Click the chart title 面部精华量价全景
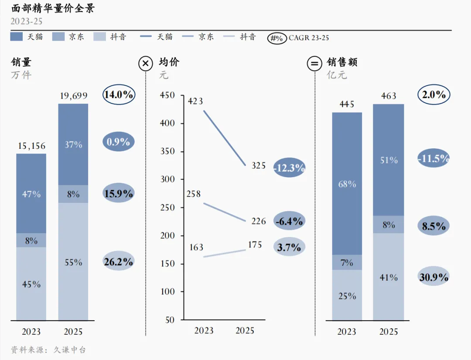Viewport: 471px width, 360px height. pyautogui.click(x=53, y=8)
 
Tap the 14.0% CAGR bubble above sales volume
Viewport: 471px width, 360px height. pyautogui.click(x=119, y=95)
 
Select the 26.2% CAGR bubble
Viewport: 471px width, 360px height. pyautogui.click(x=118, y=261)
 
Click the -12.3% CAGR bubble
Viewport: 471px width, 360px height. pyautogui.click(x=290, y=168)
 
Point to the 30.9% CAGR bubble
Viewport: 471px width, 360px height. pyautogui.click(x=434, y=277)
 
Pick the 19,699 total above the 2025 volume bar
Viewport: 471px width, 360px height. pyautogui.click(x=74, y=96)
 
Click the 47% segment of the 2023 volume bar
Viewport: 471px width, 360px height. pyautogui.click(x=31, y=194)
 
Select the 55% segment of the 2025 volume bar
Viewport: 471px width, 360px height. pyautogui.click(x=73, y=261)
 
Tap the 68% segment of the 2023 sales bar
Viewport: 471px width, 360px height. pyautogui.click(x=347, y=184)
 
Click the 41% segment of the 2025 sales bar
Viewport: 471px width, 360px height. pyautogui.click(x=389, y=277)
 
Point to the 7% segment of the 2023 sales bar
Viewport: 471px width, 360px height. pyautogui.click(x=347, y=262)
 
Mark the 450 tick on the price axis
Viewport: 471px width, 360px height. pyautogui.click(x=167, y=95)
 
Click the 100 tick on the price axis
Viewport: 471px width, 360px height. pyautogui.click(x=167, y=291)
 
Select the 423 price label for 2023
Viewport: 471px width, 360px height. pyautogui.click(x=195, y=101)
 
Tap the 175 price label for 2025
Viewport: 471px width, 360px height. pyautogui.click(x=255, y=245)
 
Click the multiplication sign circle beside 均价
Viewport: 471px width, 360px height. pyautogui.click(x=146, y=64)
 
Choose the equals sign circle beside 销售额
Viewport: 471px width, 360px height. pyautogui.click(x=314, y=64)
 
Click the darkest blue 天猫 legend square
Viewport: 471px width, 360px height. pyautogui.click(x=16, y=37)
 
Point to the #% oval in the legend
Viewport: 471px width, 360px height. pyautogui.click(x=276, y=38)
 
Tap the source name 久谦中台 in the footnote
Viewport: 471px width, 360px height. pyautogui.click(x=70, y=350)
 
